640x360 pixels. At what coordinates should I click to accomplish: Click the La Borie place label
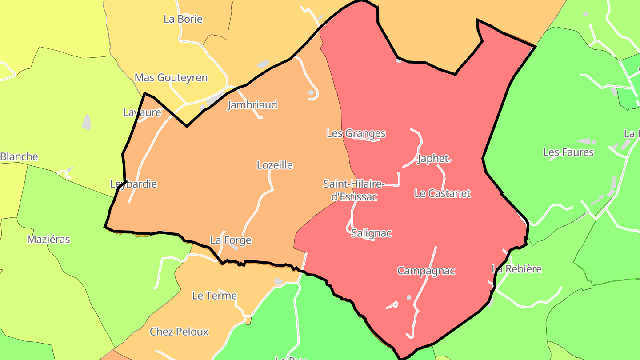click(183, 19)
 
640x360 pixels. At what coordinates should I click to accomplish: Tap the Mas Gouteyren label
click(171, 78)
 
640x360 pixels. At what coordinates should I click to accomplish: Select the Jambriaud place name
click(252, 105)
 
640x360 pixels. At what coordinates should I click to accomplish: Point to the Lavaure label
click(142, 112)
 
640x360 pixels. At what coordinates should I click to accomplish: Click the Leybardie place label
click(133, 184)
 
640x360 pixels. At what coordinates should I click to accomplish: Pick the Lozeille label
click(275, 165)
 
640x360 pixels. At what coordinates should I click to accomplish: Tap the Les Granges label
click(356, 133)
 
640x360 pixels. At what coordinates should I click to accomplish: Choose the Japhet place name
click(433, 159)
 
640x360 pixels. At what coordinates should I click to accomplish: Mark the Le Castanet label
click(442, 194)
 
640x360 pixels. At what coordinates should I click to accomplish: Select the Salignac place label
click(371, 233)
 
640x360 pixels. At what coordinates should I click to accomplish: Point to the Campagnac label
click(426, 271)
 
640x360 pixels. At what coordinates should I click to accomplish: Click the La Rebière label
click(516, 269)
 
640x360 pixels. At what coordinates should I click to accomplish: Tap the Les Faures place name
click(568, 152)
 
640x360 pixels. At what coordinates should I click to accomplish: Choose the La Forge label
click(231, 240)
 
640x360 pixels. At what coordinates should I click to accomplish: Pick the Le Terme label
click(214, 296)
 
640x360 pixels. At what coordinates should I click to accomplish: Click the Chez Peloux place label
click(179, 332)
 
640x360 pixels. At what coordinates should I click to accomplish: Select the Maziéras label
click(48, 240)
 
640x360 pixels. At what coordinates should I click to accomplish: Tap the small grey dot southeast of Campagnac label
click(409, 297)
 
